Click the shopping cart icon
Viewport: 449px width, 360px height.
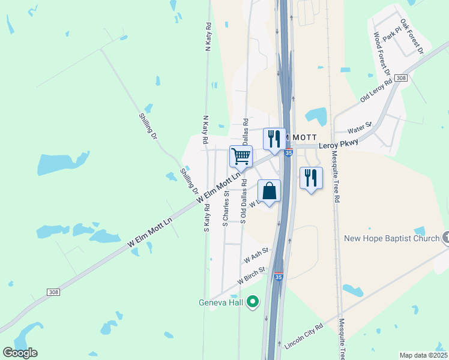click(x=241, y=157)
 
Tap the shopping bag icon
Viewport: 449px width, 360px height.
click(x=270, y=191)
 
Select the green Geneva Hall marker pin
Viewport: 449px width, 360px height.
click(x=253, y=302)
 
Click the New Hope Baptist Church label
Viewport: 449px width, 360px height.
click(x=392, y=238)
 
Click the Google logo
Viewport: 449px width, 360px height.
click(x=20, y=353)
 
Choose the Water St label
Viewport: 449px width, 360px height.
click(x=360, y=128)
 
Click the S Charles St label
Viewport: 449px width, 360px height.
click(x=226, y=208)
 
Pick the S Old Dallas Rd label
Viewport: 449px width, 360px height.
click(x=243, y=204)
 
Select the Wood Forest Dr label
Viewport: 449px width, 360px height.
click(x=382, y=54)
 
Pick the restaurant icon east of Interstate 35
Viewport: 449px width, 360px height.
click(x=311, y=178)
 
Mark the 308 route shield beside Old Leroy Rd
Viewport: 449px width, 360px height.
click(x=402, y=79)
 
